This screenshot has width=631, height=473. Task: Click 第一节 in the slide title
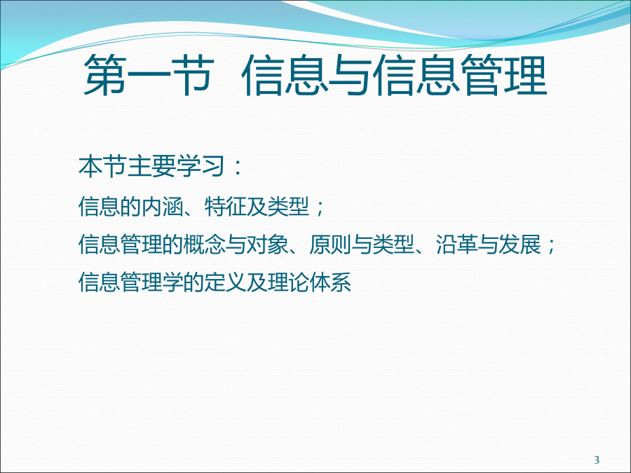pyautogui.click(x=149, y=75)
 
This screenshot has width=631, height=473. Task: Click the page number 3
pyautogui.click(x=597, y=460)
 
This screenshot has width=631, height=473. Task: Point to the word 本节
pyautogui.click(x=102, y=166)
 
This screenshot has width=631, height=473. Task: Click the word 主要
pyautogui.click(x=151, y=166)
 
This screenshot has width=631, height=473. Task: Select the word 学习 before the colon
pyautogui.click(x=200, y=166)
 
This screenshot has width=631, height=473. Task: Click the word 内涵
pyautogui.click(x=163, y=207)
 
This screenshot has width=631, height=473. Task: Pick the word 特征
pyautogui.click(x=225, y=207)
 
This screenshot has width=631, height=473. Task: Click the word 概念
pyautogui.click(x=205, y=245)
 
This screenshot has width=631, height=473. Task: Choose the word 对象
pyautogui.click(x=267, y=245)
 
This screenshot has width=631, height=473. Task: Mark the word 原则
pyautogui.click(x=330, y=245)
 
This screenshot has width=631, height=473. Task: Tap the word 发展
pyautogui.click(x=519, y=245)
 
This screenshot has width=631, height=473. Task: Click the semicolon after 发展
pyautogui.click(x=551, y=246)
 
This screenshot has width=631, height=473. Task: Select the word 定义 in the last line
pyautogui.click(x=225, y=282)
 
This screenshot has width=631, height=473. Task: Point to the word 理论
pyautogui.click(x=288, y=282)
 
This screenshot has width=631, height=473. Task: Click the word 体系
pyautogui.click(x=330, y=282)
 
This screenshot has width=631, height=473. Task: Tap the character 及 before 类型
pyautogui.click(x=257, y=207)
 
